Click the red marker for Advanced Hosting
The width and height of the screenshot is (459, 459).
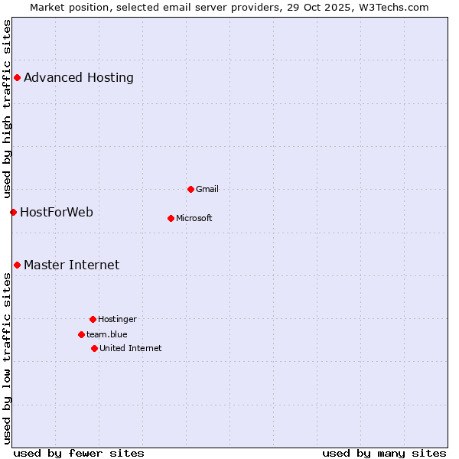(x=17, y=77)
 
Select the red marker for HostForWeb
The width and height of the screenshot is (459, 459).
(x=13, y=212)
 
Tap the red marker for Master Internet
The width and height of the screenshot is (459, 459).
(x=17, y=265)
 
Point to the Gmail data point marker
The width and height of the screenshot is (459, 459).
(x=190, y=189)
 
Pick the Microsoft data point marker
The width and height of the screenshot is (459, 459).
(x=171, y=218)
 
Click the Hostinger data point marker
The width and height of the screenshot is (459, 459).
(x=93, y=319)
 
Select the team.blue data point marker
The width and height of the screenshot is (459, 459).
(x=81, y=334)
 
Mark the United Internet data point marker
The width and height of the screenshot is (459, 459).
(x=94, y=348)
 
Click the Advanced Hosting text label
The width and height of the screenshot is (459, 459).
(x=79, y=77)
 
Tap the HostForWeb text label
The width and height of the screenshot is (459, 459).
(x=57, y=212)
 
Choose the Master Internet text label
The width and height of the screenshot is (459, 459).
(x=72, y=265)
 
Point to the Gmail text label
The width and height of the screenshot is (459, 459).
(x=207, y=189)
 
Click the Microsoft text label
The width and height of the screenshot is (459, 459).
(x=194, y=218)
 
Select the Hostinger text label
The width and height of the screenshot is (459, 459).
(x=117, y=319)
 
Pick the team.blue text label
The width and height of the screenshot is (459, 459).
(x=107, y=334)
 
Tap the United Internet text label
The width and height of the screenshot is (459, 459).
(x=131, y=348)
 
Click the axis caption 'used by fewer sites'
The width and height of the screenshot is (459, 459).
(x=79, y=453)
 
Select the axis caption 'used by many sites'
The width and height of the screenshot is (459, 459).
(x=384, y=453)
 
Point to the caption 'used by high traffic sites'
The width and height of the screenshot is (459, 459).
(x=7, y=109)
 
